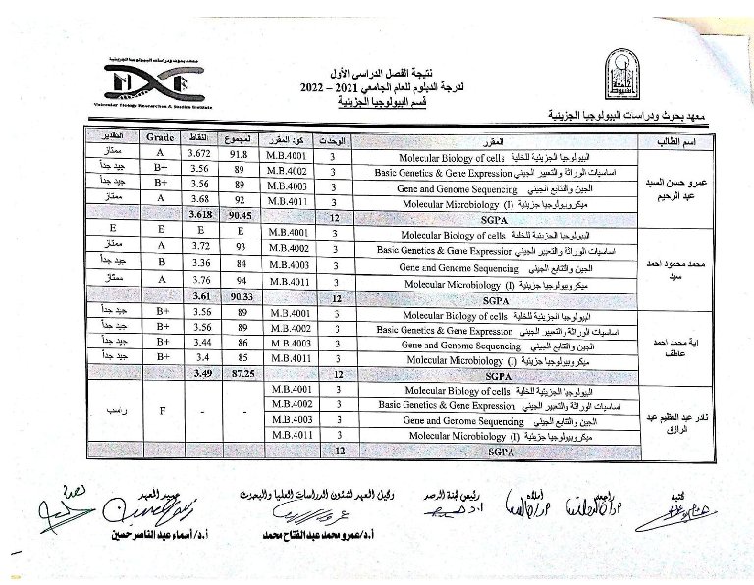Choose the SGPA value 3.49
(x=200, y=373)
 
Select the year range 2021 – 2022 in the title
(x=335, y=89)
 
